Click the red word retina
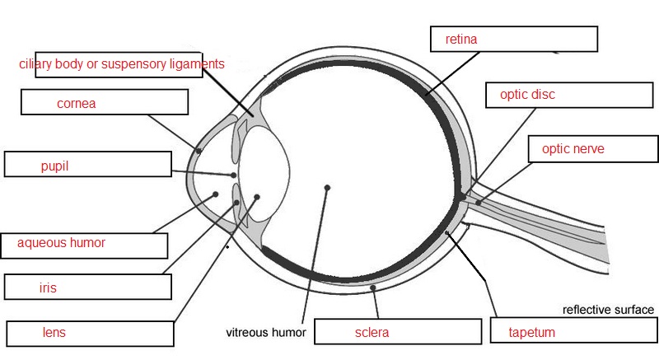(x=461, y=39)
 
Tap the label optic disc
(x=527, y=95)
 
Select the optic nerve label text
(x=573, y=149)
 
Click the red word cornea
(x=77, y=104)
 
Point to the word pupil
(x=54, y=166)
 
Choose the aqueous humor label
(x=61, y=243)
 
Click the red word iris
(x=48, y=288)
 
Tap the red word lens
(x=54, y=333)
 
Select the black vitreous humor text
(x=266, y=333)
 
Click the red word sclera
(x=372, y=333)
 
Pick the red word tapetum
(x=532, y=333)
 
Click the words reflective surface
(x=608, y=311)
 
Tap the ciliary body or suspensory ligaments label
(x=122, y=63)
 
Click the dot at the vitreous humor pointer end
(x=327, y=188)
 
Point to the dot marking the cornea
(x=199, y=150)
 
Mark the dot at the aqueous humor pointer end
(x=216, y=194)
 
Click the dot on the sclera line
(x=373, y=288)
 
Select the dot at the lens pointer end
(x=257, y=197)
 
